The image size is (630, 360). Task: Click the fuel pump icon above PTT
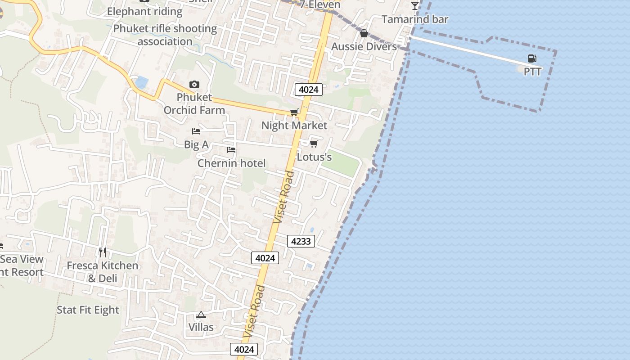click(532, 58)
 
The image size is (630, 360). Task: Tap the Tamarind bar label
click(415, 19)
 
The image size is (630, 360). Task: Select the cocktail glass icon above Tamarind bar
click(415, 6)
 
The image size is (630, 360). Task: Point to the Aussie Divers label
click(364, 46)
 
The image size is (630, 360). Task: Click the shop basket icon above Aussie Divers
click(364, 33)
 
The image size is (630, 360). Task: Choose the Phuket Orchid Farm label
click(194, 103)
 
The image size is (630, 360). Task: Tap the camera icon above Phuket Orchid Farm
click(194, 84)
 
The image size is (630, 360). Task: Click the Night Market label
click(294, 126)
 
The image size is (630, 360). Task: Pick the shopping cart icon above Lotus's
click(314, 144)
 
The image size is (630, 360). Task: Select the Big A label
click(196, 144)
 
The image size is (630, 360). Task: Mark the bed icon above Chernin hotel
click(231, 150)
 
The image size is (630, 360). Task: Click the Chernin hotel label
click(231, 163)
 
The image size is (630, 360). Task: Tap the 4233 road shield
click(301, 241)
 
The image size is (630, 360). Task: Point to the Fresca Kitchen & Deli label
click(103, 272)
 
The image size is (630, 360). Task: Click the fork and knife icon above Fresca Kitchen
click(103, 252)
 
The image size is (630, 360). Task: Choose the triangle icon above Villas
click(201, 315)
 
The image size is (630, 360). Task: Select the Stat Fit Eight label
click(88, 310)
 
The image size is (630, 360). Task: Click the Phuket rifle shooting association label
click(165, 35)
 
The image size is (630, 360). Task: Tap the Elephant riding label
click(144, 11)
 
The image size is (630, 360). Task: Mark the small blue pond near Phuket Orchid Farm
click(141, 82)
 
